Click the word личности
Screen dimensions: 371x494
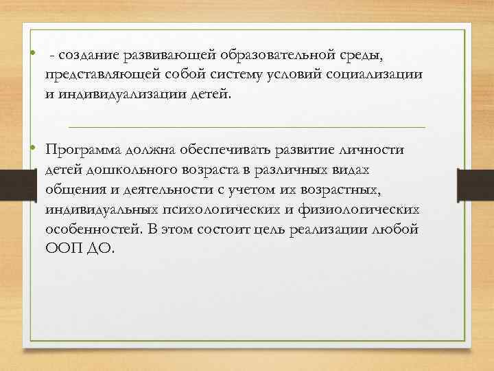[x=375, y=150]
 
